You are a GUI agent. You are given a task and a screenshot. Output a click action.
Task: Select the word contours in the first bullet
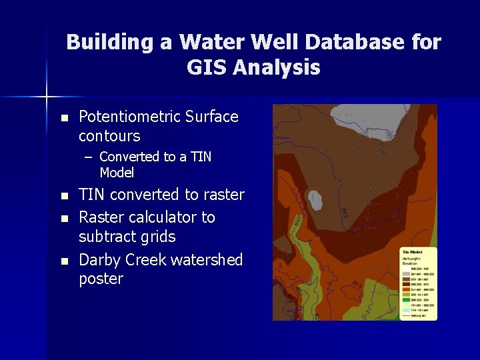pyautogui.click(x=109, y=136)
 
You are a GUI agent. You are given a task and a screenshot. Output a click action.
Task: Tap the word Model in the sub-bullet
pyautogui.click(x=117, y=173)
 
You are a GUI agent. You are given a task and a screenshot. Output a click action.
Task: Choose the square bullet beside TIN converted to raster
pyautogui.click(x=64, y=196)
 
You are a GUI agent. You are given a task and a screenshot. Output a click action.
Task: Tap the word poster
pyautogui.click(x=101, y=279)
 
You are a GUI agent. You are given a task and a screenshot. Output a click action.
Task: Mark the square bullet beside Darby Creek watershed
pyautogui.click(x=64, y=261)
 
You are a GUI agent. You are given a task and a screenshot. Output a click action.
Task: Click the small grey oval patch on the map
pyautogui.click(x=313, y=201)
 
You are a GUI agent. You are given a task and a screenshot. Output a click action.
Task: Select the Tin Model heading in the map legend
pyautogui.click(x=411, y=251)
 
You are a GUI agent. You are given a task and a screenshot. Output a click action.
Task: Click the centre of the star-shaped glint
pyautogui.click(x=47, y=97)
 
